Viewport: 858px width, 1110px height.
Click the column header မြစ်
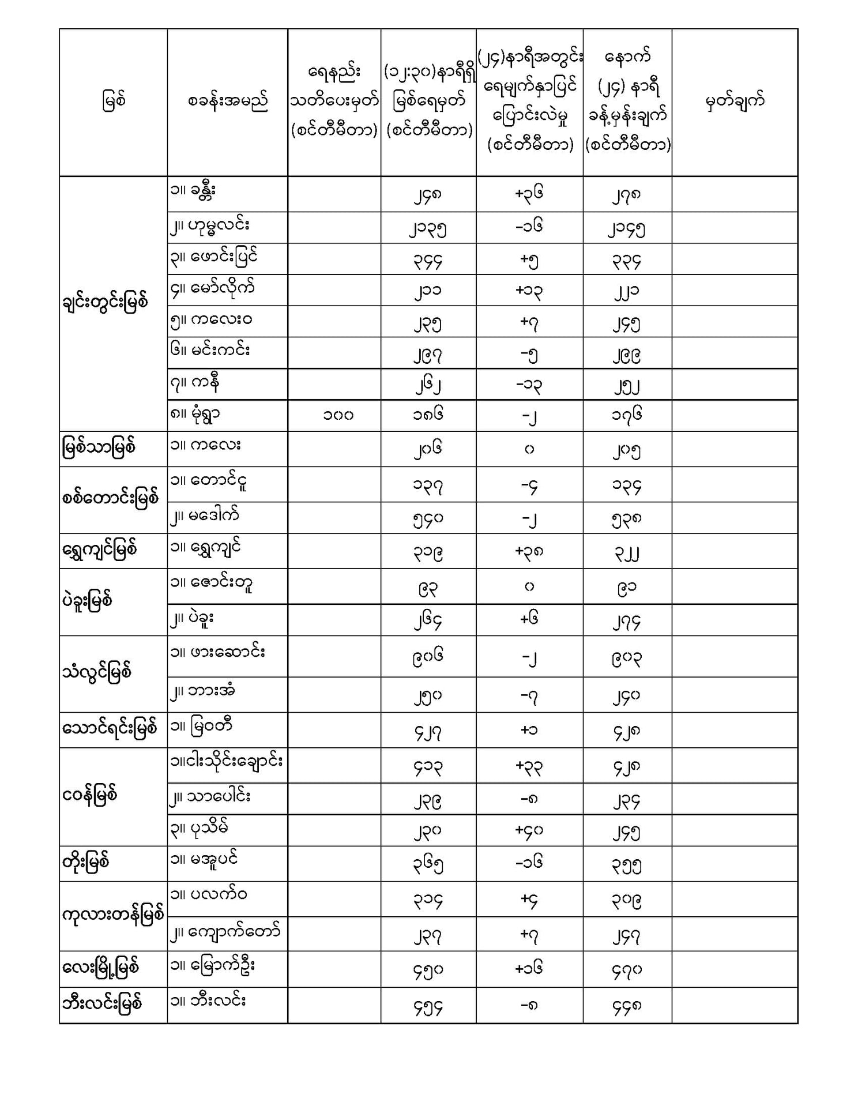114,101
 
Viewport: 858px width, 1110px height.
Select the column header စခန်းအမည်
227,102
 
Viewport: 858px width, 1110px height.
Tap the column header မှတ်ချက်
735,101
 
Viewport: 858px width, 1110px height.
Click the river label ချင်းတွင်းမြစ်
106,302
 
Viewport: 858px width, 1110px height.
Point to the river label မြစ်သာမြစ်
99,448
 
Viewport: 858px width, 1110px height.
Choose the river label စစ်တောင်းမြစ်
110,498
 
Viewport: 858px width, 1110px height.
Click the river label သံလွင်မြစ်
97,672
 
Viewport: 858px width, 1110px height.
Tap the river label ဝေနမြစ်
90,796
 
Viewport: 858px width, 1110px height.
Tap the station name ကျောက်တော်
235,931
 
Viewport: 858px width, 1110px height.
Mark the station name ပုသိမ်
209,828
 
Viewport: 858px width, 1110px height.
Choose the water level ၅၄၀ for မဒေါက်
428,518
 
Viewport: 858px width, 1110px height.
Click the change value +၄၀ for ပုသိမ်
529,830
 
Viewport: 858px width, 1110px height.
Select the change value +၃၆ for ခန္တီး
529,194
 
